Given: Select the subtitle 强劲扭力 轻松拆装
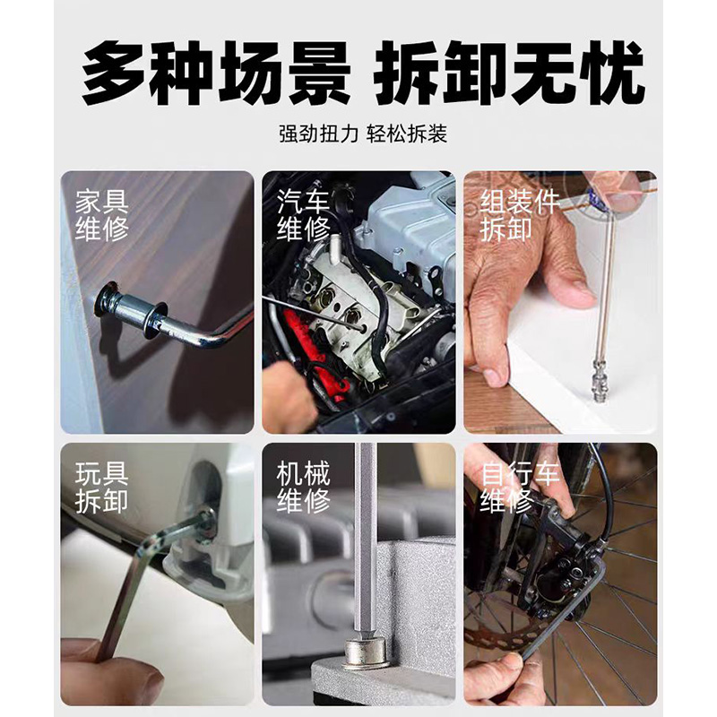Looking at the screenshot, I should pos(362,134).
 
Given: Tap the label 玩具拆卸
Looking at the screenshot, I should pos(101,487).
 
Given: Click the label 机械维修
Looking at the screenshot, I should pos(303,487).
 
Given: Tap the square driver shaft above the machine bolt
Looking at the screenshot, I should pos(366,538).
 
